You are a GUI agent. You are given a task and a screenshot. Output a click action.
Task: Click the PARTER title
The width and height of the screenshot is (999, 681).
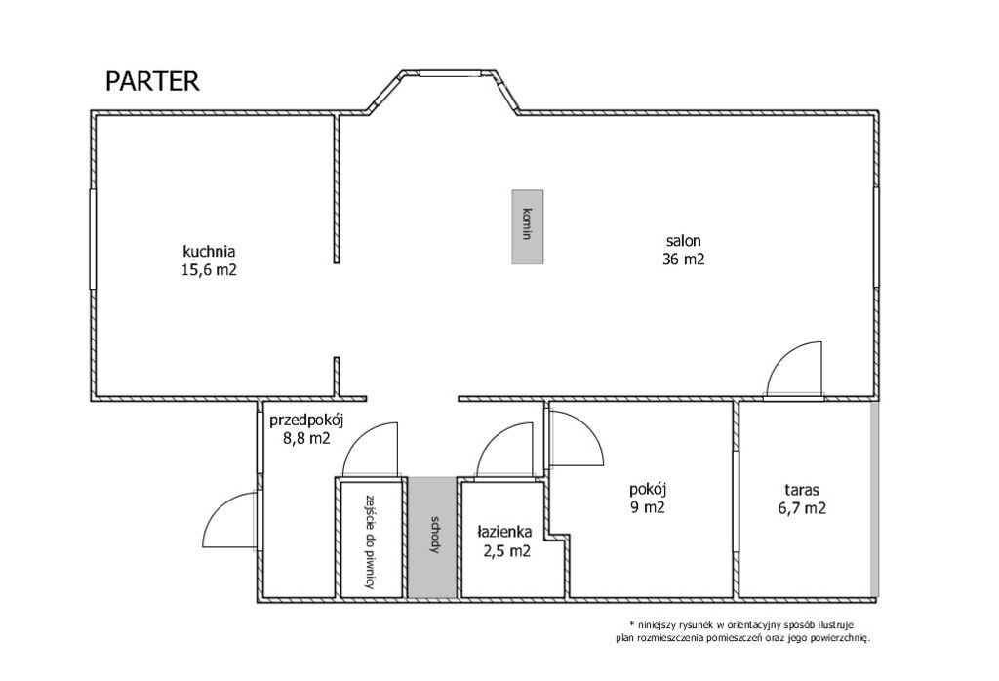pos(152,82)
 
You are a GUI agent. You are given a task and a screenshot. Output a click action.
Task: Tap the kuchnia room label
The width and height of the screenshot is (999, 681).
pos(210,250)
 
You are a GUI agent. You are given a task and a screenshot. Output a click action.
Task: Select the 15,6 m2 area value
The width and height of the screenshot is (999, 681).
pos(209,269)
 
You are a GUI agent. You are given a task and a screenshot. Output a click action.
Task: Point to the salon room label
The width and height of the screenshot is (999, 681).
pos(684,241)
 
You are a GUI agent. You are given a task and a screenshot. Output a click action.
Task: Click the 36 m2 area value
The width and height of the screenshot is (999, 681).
pos(684,260)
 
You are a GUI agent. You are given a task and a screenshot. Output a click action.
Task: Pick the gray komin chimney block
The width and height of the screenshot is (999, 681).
pos(528,226)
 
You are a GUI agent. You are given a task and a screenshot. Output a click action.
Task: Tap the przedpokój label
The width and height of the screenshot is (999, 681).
pos(306,421)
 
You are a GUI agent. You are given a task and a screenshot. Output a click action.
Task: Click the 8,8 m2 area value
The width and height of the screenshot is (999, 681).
pos(306,438)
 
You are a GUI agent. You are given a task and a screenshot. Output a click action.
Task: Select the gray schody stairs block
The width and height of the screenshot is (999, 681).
pos(432,538)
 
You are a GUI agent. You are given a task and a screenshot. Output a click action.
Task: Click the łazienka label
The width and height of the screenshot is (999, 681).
pos(505,532)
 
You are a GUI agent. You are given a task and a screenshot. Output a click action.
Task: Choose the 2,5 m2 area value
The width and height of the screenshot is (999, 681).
pos(507,551)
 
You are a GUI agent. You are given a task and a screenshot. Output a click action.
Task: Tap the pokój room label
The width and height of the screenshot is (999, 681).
pos(648,491)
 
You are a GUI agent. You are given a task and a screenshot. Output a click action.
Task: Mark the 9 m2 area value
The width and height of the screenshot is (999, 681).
pos(648,507)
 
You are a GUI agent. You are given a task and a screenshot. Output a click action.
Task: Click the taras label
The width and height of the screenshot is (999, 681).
pos(802,491)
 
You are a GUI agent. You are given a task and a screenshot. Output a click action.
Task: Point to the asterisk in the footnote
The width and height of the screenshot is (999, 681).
pos(631,622)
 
